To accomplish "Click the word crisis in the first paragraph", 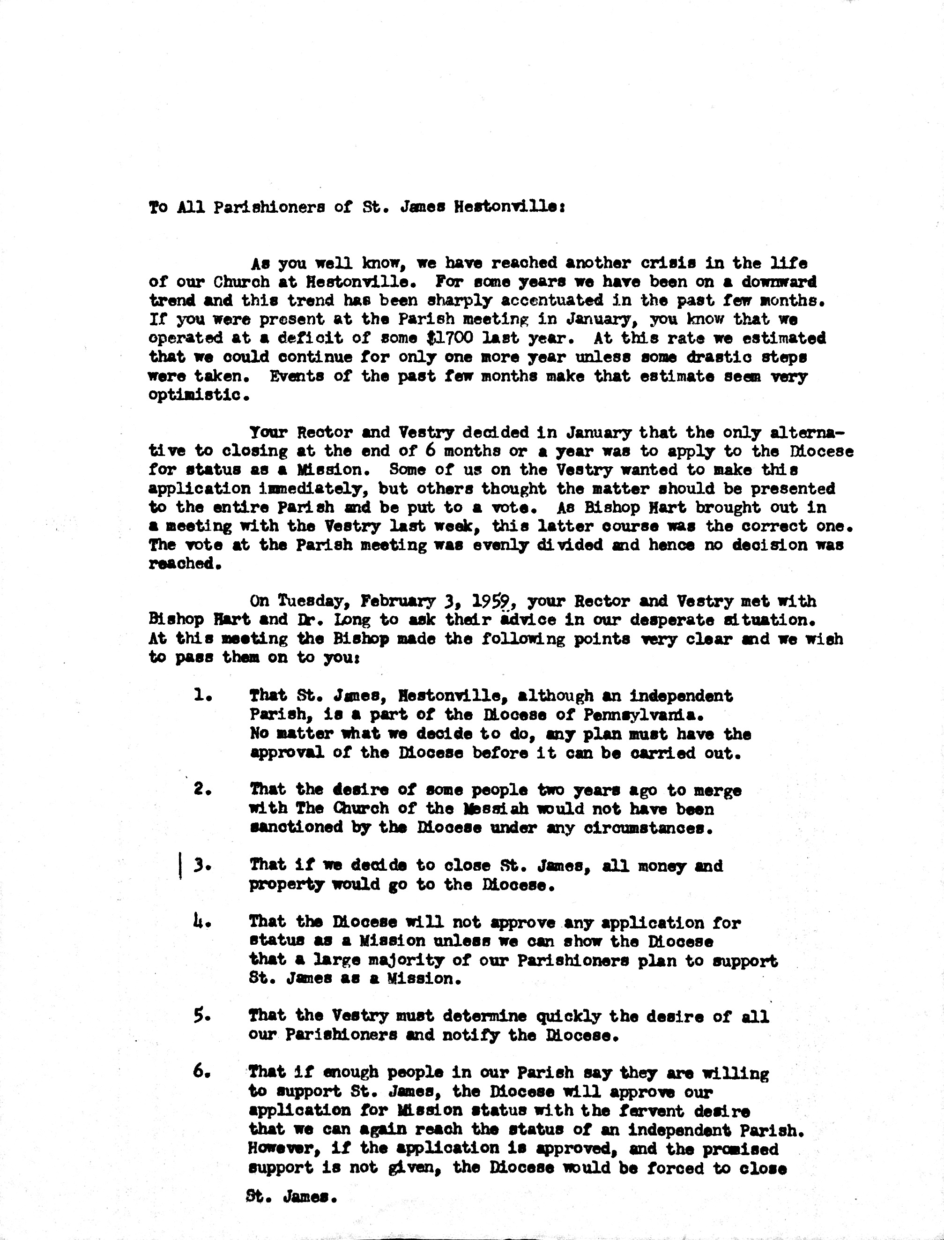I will click(x=639, y=262).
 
